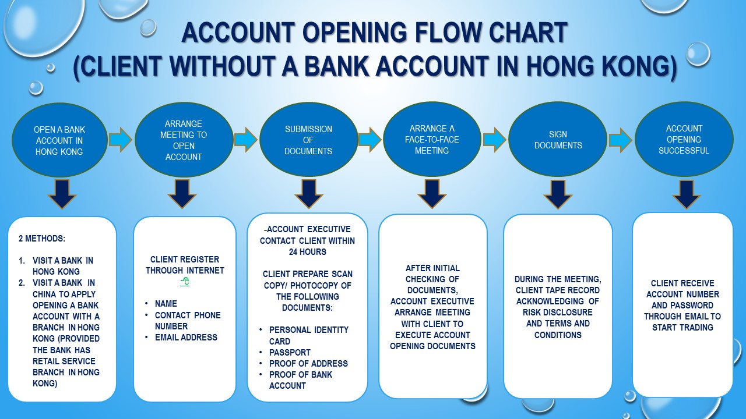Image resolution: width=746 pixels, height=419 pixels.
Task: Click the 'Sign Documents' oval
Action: (x=558, y=140)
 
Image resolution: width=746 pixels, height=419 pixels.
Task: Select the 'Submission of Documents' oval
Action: (x=308, y=140)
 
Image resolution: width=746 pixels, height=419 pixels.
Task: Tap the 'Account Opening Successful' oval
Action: (x=684, y=140)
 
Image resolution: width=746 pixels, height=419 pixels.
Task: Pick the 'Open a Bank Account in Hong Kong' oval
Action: (x=59, y=140)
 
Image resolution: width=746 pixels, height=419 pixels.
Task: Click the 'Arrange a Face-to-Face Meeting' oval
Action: (x=432, y=140)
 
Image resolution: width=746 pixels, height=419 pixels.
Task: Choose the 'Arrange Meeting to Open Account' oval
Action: (x=184, y=140)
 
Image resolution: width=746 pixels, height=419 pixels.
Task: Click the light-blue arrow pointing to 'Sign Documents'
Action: (x=494, y=140)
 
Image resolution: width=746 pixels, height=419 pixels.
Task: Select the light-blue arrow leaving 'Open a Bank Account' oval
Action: (x=120, y=140)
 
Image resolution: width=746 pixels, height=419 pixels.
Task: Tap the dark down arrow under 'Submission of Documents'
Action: (x=309, y=194)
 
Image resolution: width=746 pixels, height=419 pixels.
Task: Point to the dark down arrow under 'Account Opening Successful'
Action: (x=687, y=194)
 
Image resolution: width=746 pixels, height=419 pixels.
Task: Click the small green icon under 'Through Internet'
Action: (x=185, y=282)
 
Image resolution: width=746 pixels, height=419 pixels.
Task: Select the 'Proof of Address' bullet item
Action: (x=308, y=364)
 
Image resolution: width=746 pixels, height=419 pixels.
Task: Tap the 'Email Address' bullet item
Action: (x=186, y=337)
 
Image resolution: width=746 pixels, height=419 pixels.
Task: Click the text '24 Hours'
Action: (x=308, y=252)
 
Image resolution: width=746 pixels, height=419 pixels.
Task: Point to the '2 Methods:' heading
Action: (x=42, y=239)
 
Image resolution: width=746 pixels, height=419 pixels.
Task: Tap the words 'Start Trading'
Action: (x=682, y=328)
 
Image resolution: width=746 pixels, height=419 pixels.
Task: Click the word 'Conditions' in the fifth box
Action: (x=558, y=335)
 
